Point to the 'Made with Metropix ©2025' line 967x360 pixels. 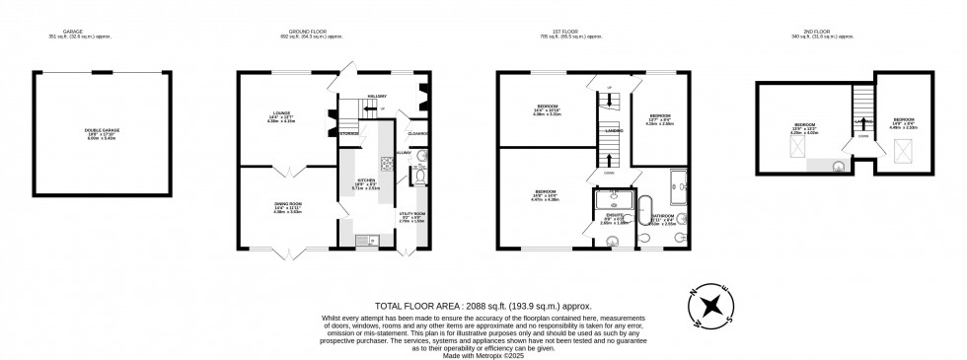483,354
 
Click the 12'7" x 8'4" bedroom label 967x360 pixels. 659,120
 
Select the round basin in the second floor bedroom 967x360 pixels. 839,165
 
